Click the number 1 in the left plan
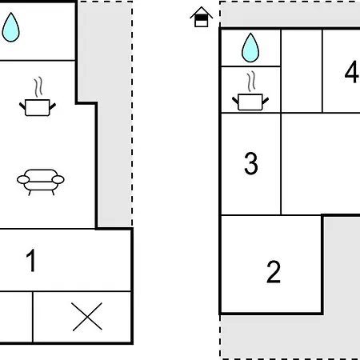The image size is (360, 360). tap(31, 261)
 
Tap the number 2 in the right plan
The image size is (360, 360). tap(274, 272)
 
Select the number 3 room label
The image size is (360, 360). tap(251, 163)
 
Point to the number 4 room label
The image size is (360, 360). tap(351, 71)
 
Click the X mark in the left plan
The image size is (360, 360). tap(87, 317)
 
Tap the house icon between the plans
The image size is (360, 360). tap(202, 17)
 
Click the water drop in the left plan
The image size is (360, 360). tap(10, 27)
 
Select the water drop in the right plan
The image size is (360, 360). tap(250, 47)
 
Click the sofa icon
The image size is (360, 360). tap(41, 182)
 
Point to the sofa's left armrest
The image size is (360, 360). tap(23, 180)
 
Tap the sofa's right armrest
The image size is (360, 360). tap(58, 180)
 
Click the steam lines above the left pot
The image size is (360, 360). tap(38, 87)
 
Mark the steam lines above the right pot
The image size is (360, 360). tap(251, 81)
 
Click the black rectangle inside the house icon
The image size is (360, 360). tap(202, 18)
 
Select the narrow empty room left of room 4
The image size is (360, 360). tap(302, 71)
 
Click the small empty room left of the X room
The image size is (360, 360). tap(16, 317)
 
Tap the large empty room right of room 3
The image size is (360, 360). tap(321, 163)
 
